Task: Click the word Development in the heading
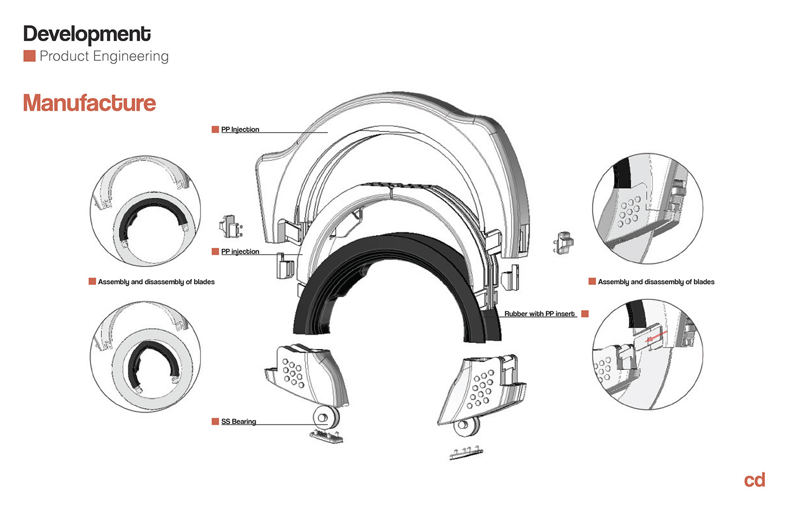pyautogui.click(x=87, y=34)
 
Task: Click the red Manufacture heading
pyautogui.click(x=89, y=103)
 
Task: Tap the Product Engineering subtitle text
pyautogui.click(x=104, y=56)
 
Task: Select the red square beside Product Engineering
pyautogui.click(x=29, y=56)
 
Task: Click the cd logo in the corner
pyautogui.click(x=754, y=480)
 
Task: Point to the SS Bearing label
pyautogui.click(x=239, y=422)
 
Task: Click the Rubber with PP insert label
pyautogui.click(x=539, y=314)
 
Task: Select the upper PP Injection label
pyautogui.click(x=240, y=129)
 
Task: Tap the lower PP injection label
pyautogui.click(x=240, y=252)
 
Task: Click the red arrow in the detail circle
pyautogui.click(x=656, y=338)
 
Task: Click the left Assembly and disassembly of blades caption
pyautogui.click(x=156, y=282)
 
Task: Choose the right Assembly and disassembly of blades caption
pyautogui.click(x=656, y=282)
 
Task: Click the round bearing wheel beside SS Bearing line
pyautogui.click(x=324, y=418)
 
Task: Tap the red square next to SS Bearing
pyautogui.click(x=215, y=422)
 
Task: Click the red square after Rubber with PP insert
pyautogui.click(x=585, y=314)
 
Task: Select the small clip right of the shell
pyautogui.click(x=563, y=243)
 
